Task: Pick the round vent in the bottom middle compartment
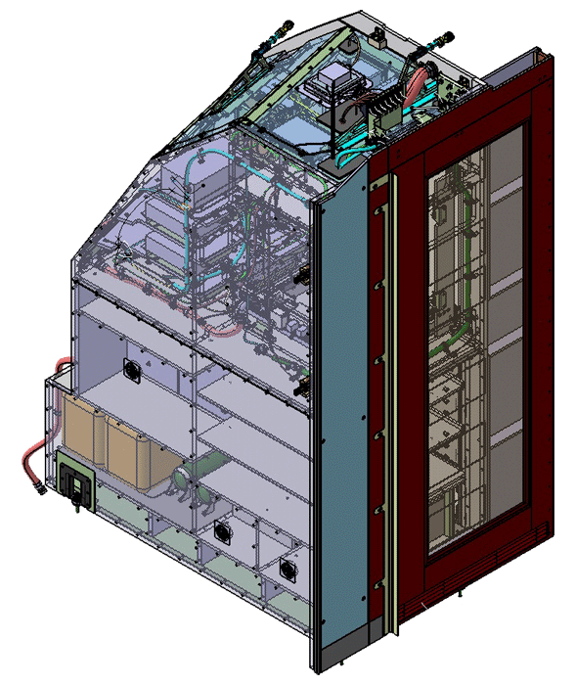click(222, 532)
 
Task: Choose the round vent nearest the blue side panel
click(287, 569)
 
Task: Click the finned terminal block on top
click(385, 108)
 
